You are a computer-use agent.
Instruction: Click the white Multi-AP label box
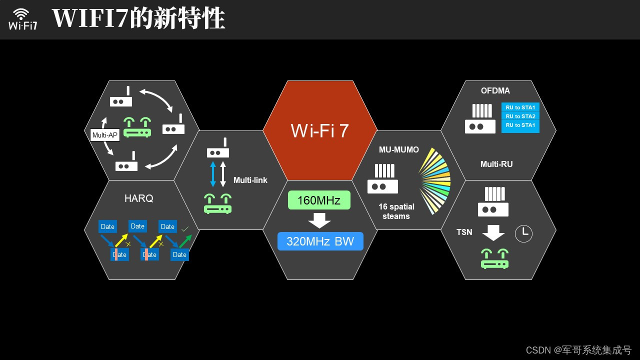(105, 135)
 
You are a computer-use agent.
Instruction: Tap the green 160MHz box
(319, 200)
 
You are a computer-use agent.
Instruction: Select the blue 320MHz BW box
(320, 241)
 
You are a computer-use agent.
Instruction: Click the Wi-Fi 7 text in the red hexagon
(320, 130)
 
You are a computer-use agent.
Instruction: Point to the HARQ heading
(139, 198)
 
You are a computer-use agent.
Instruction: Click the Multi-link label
(250, 180)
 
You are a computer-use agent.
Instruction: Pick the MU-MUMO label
(399, 150)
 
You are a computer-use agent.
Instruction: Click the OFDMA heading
(495, 91)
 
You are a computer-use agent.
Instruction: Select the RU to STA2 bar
(520, 116)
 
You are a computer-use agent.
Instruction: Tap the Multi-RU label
(496, 164)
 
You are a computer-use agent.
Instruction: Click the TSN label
(464, 232)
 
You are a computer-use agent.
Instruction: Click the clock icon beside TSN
(523, 233)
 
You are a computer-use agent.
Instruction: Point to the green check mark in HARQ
(185, 229)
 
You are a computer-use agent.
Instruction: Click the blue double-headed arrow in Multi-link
(213, 173)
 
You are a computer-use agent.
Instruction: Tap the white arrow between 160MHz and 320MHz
(319, 220)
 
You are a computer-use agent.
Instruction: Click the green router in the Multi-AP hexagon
(137, 127)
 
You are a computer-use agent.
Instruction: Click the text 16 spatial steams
(396, 211)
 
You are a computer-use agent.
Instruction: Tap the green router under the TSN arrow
(495, 258)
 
